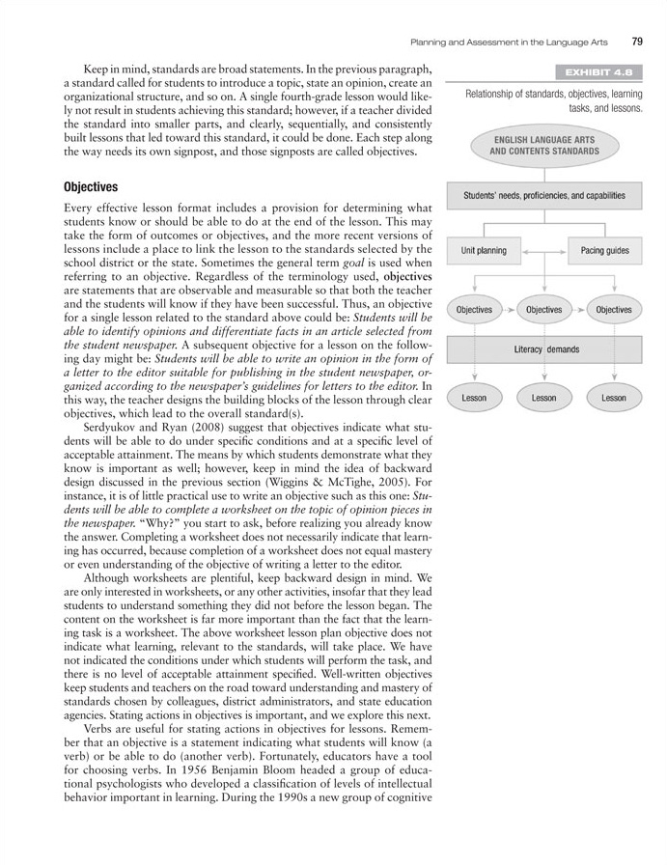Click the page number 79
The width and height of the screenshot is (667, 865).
tap(638, 41)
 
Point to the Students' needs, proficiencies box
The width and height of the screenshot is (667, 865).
tap(544, 196)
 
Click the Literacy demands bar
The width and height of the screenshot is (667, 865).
tap(544, 349)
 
